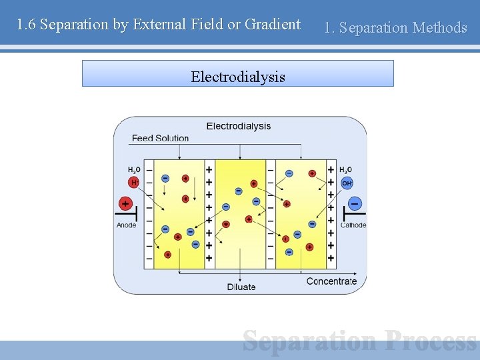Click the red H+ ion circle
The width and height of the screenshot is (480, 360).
coord(133,183)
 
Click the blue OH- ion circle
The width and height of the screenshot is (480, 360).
coord(347,183)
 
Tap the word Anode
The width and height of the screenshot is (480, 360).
coord(126,225)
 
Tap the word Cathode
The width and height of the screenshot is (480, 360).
coord(353,225)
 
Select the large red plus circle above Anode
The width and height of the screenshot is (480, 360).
coord(125,203)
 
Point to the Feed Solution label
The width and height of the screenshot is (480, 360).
coord(160,138)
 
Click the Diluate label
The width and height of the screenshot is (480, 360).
coord(241,287)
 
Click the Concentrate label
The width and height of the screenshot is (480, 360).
coord(331,281)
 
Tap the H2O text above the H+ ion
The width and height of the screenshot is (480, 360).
coord(135,171)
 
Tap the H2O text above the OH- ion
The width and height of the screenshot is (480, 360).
coord(345,171)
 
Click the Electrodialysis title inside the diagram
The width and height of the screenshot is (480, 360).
coord(239,126)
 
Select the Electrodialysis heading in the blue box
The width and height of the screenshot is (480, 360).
coord(237,77)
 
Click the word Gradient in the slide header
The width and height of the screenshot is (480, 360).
coord(273,25)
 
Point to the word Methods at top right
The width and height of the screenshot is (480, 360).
coord(439,27)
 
